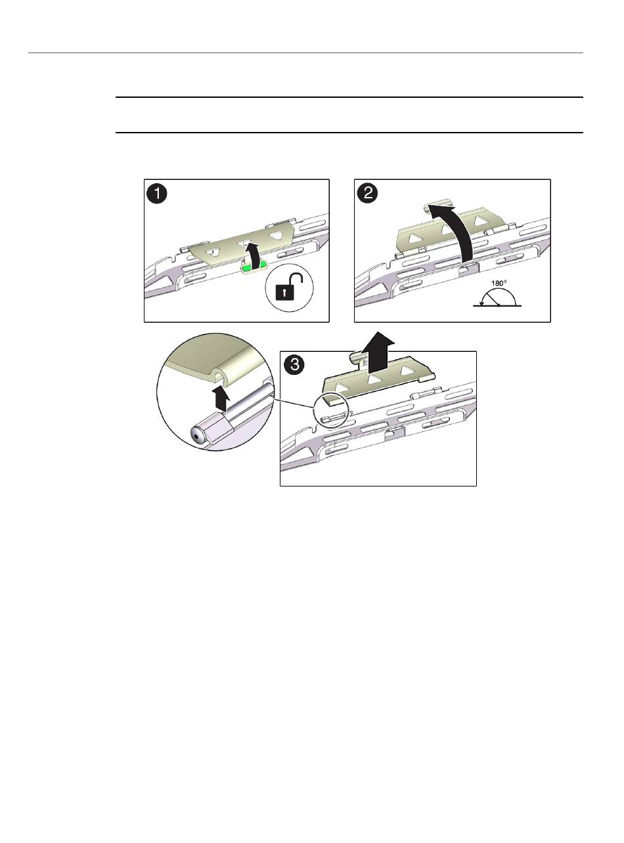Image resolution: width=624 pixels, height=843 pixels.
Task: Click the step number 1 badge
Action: coord(157,194)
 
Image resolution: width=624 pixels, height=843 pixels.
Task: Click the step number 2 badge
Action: coord(368,194)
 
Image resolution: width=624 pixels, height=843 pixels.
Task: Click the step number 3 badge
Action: coord(295,365)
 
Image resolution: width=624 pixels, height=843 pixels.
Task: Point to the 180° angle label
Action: coord(499,283)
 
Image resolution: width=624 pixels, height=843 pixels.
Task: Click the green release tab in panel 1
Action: coord(252,269)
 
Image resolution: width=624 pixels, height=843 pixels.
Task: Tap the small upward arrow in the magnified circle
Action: coord(221,398)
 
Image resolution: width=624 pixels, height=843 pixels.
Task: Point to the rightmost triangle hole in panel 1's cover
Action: coord(278,235)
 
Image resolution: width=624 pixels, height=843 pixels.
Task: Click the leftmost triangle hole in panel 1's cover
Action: coord(213,252)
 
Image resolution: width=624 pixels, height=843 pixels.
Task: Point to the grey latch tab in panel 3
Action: coord(394,433)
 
